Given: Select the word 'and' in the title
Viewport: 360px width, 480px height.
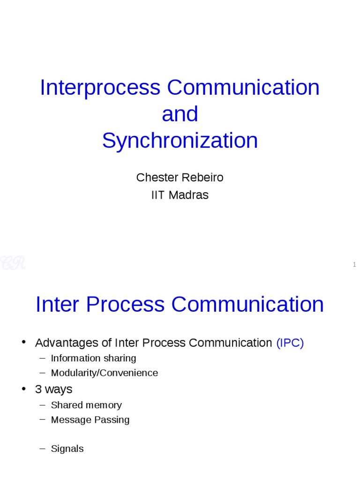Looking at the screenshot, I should pos(180,114).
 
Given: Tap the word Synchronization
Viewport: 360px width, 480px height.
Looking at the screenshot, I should pos(180,141).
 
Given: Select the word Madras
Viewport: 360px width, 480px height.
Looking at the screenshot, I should pos(188,195).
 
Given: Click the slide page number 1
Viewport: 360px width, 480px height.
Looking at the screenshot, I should pos(355,265).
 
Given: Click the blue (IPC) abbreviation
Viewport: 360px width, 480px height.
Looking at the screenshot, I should pos(290,343).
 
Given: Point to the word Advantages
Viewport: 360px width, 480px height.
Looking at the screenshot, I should pos(67,343).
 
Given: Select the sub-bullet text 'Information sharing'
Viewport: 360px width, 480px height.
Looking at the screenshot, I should pos(93,358).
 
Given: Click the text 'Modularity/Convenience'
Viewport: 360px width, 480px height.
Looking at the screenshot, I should pos(104,373).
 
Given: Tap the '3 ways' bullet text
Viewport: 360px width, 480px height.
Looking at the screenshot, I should pos(53,389).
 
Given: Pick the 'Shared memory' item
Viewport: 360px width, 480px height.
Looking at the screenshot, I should pos(86,405).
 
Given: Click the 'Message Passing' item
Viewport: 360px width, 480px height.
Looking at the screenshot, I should pos(90,420).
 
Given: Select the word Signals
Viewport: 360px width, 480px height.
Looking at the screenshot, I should pos(67,449).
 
